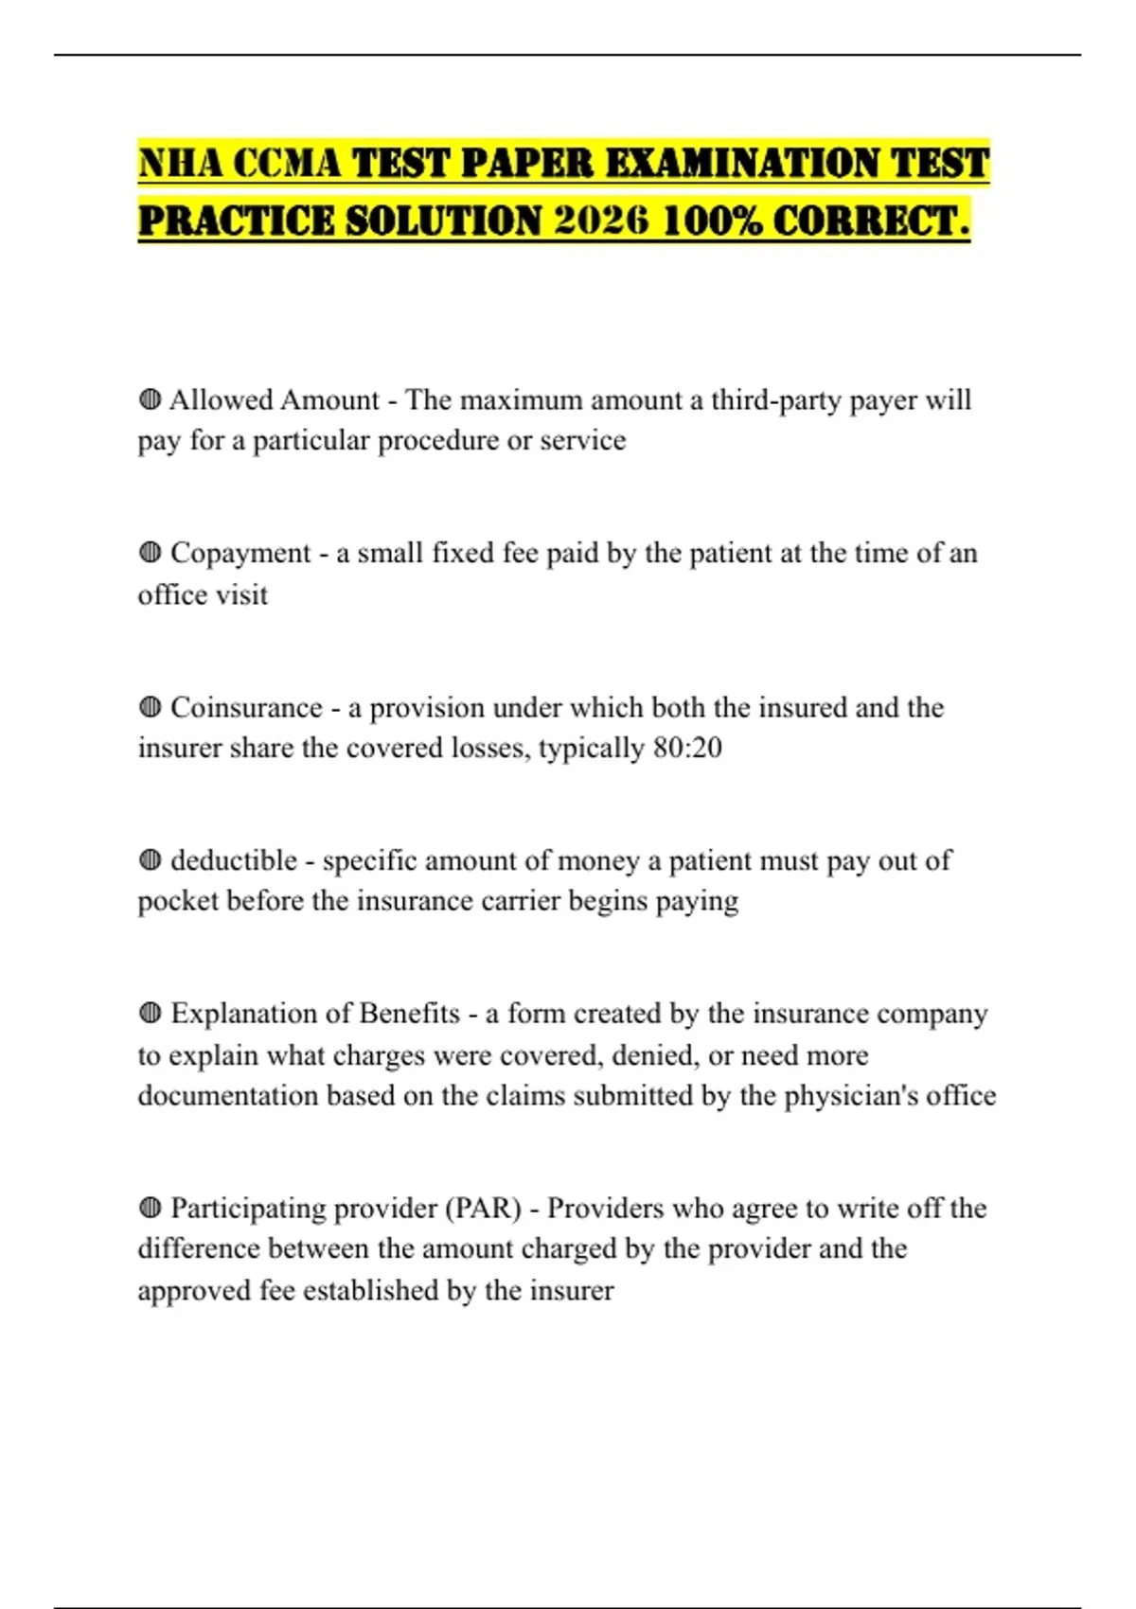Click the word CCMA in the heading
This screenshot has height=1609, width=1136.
[x=286, y=163]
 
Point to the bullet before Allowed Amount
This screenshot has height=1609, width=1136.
[x=150, y=399]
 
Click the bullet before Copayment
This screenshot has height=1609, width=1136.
[x=150, y=553]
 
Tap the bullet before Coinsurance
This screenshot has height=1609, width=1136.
[x=150, y=707]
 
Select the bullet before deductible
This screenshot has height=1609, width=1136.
[x=150, y=860]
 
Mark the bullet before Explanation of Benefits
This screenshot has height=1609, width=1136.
[x=150, y=1014]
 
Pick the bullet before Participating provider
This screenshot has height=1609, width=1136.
[x=150, y=1208]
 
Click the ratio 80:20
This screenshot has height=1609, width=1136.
[x=687, y=748]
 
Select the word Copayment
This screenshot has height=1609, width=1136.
[x=240, y=554]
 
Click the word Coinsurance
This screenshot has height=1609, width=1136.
[x=246, y=708]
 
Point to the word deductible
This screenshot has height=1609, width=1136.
[x=234, y=860]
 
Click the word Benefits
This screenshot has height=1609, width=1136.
[x=409, y=1014]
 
